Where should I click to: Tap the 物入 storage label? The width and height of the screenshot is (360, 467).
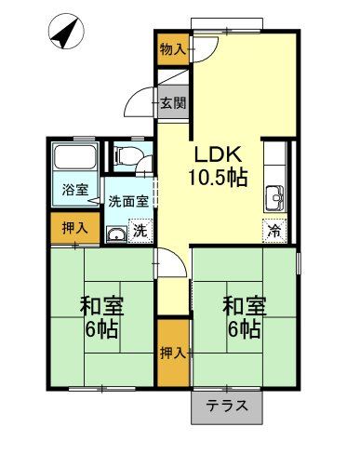point(170,47)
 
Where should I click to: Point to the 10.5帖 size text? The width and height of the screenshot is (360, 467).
point(220,177)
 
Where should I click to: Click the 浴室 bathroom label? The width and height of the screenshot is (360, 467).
point(75,189)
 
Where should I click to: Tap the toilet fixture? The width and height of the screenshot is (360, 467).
point(129,155)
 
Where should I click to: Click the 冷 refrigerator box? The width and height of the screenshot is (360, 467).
point(274,229)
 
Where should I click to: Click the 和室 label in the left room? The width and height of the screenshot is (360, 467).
point(101,306)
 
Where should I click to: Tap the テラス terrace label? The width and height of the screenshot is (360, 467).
point(227,406)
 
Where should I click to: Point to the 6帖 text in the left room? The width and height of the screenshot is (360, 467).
point(101,329)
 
